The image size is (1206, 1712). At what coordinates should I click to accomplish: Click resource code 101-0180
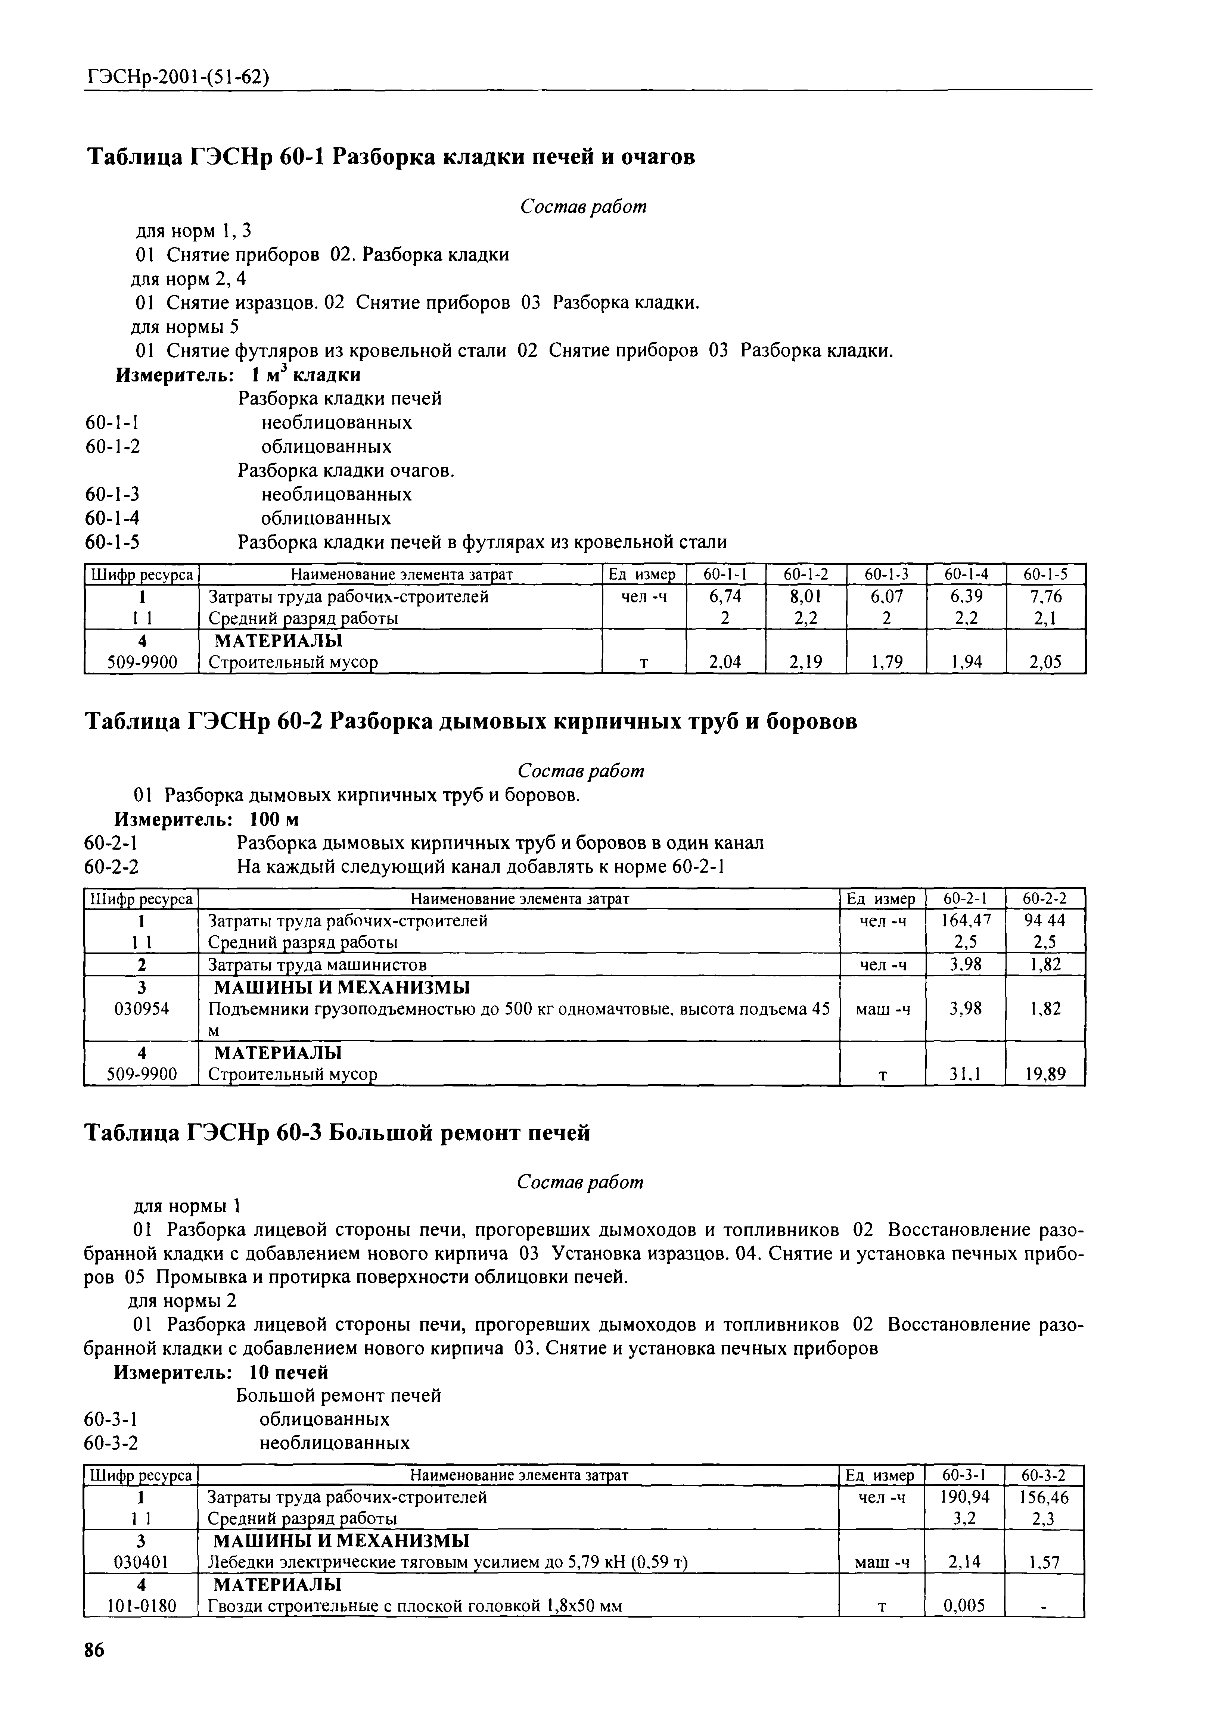click(141, 1605)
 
